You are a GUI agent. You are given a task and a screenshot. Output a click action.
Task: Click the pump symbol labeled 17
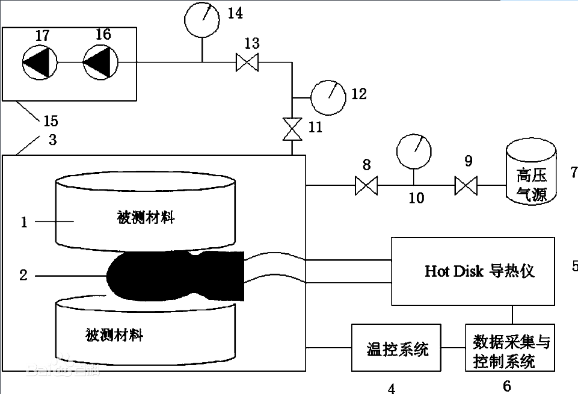(x=40, y=63)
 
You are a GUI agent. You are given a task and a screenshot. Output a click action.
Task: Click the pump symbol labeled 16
(x=100, y=63)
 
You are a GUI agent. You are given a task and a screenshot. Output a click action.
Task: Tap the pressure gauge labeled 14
(x=202, y=20)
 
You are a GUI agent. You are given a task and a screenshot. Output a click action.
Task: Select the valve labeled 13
(x=247, y=63)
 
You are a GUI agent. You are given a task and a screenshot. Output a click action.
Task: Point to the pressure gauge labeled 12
(x=328, y=97)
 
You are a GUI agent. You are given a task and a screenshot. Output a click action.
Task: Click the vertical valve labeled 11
(x=292, y=129)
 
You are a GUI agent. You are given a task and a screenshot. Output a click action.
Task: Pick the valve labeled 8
(x=366, y=185)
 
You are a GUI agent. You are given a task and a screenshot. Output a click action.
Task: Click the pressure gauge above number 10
(x=414, y=152)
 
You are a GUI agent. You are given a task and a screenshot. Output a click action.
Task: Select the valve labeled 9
(x=466, y=185)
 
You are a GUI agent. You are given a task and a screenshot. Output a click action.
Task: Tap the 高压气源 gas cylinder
(x=531, y=171)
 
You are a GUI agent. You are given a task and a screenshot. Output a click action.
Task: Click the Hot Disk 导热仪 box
(x=473, y=271)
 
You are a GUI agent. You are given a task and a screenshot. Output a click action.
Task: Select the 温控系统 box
(x=396, y=348)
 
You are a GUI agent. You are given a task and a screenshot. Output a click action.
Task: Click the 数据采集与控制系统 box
(x=510, y=348)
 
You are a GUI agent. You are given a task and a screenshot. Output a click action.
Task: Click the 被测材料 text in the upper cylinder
(x=146, y=218)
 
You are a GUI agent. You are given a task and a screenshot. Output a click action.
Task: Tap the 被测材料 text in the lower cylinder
(x=114, y=335)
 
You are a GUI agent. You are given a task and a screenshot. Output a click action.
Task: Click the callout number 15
(x=51, y=121)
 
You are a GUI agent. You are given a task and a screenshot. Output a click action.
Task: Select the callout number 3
(x=53, y=140)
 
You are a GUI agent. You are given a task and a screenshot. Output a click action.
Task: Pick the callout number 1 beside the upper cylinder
(x=24, y=222)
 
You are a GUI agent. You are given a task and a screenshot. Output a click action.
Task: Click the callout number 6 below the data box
(x=507, y=386)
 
